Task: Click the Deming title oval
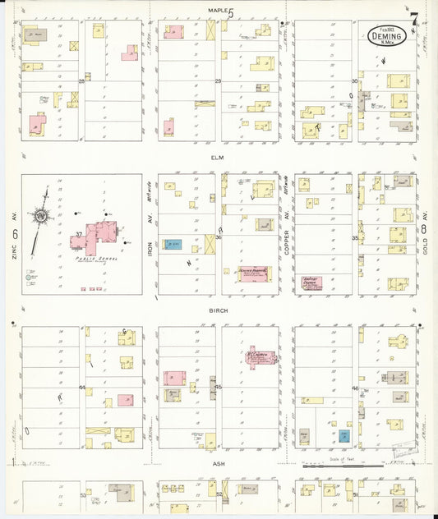pos(386,35)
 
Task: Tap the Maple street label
pos(217,10)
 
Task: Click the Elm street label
pos(217,157)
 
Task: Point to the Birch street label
pos(217,311)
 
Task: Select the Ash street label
pos(219,464)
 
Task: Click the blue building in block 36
pos(173,244)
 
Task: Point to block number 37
pos(78,234)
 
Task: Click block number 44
pos(82,387)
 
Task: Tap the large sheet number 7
pos(414,18)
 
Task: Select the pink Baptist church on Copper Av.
pos(311,282)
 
